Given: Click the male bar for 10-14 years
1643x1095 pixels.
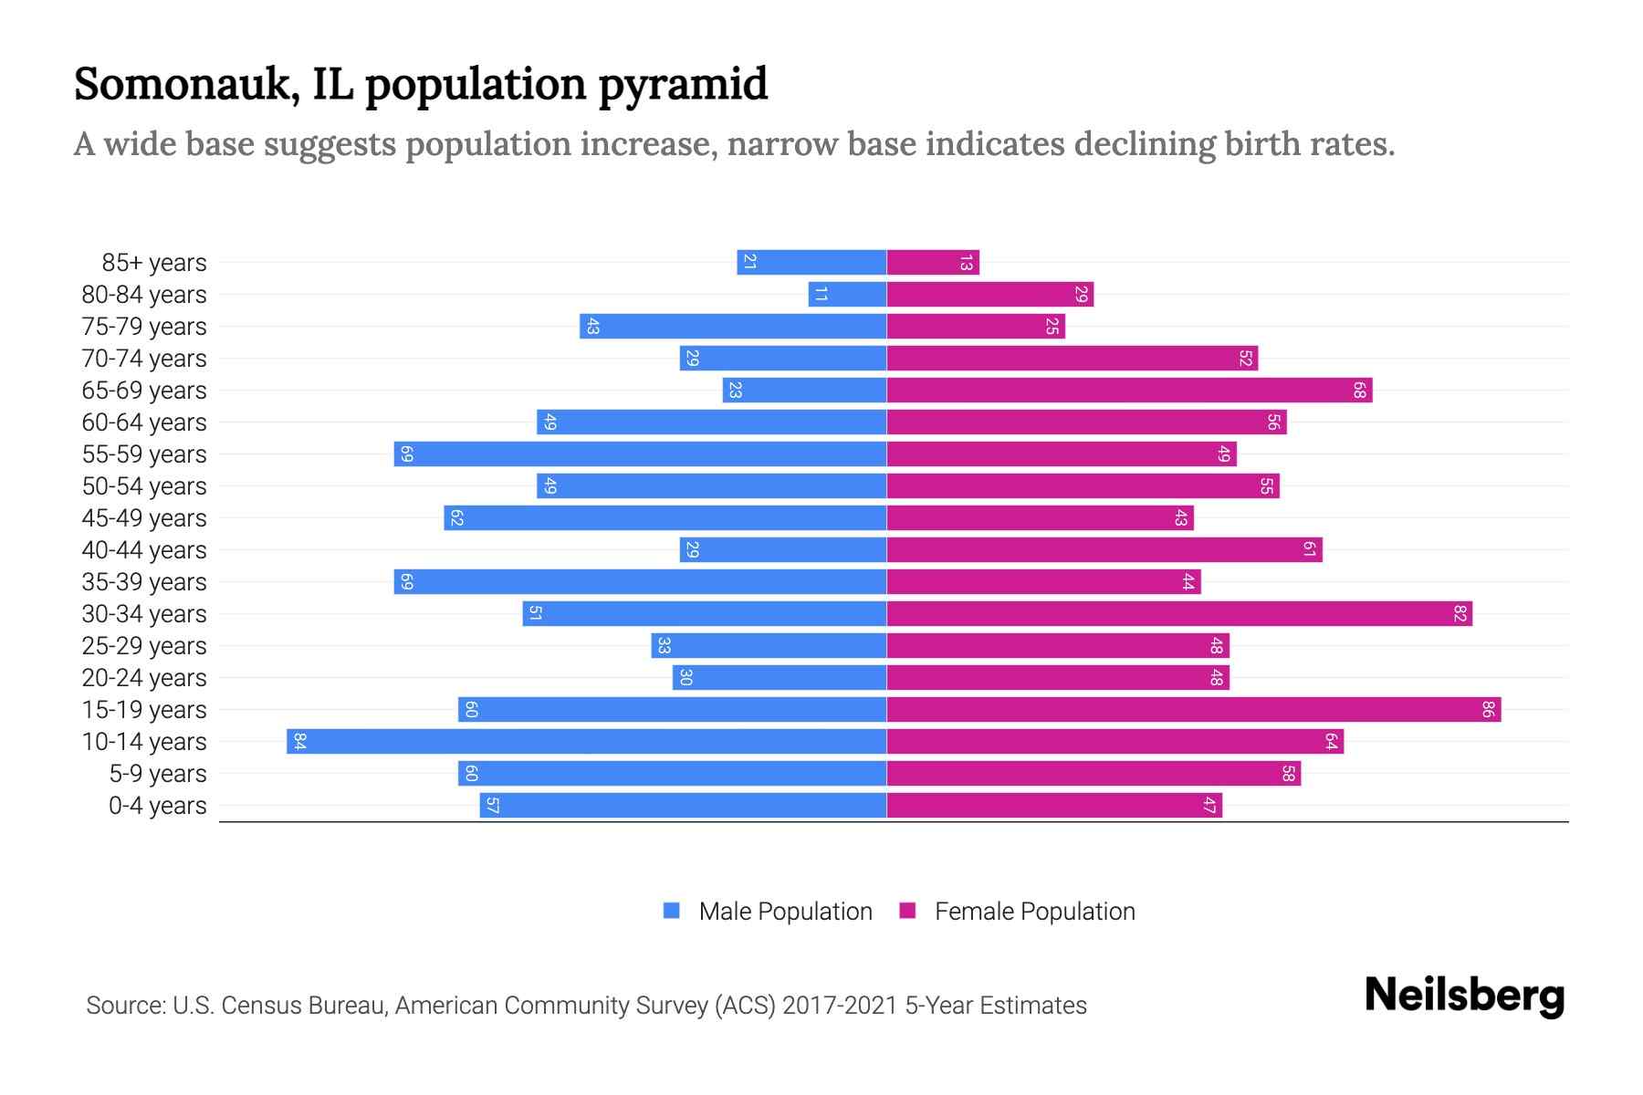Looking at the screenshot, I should click(586, 741).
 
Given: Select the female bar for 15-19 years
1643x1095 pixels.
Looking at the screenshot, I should click(1193, 709).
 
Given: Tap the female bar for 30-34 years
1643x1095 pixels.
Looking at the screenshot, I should click(1178, 613).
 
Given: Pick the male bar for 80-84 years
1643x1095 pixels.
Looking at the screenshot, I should click(847, 294).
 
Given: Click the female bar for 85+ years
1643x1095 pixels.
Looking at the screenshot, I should click(932, 262).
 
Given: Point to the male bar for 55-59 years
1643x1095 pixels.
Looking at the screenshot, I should click(640, 454).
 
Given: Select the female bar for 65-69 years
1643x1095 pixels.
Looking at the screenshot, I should click(1129, 390).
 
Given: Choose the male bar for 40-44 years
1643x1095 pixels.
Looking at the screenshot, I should click(782, 549).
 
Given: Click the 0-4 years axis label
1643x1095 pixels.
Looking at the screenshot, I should click(157, 806).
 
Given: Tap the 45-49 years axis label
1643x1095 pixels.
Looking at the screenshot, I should click(144, 518).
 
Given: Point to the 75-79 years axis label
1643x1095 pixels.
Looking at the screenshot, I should click(144, 327).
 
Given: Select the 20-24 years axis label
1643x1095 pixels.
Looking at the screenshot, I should click(144, 678).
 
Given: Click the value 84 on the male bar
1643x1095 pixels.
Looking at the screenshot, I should click(299, 741).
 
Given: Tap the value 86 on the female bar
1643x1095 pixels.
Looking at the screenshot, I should click(1487, 709).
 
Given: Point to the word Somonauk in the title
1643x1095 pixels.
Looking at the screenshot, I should click(187, 84).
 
